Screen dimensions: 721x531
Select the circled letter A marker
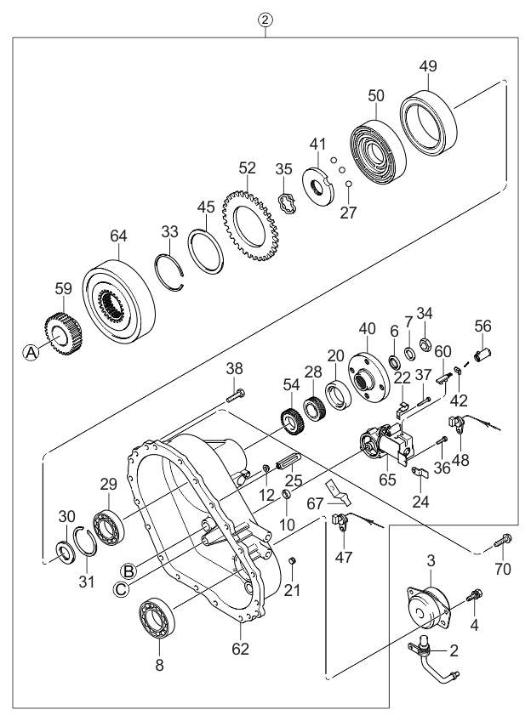30,353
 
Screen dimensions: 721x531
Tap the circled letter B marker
128,569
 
